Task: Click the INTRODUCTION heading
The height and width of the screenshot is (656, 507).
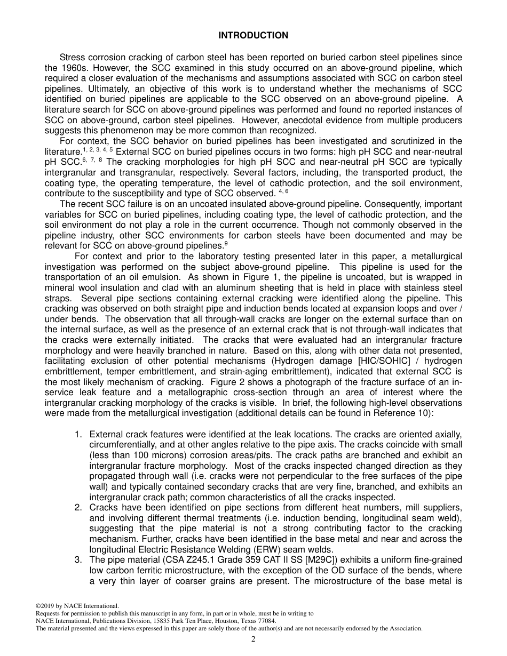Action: coord(253,35)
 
